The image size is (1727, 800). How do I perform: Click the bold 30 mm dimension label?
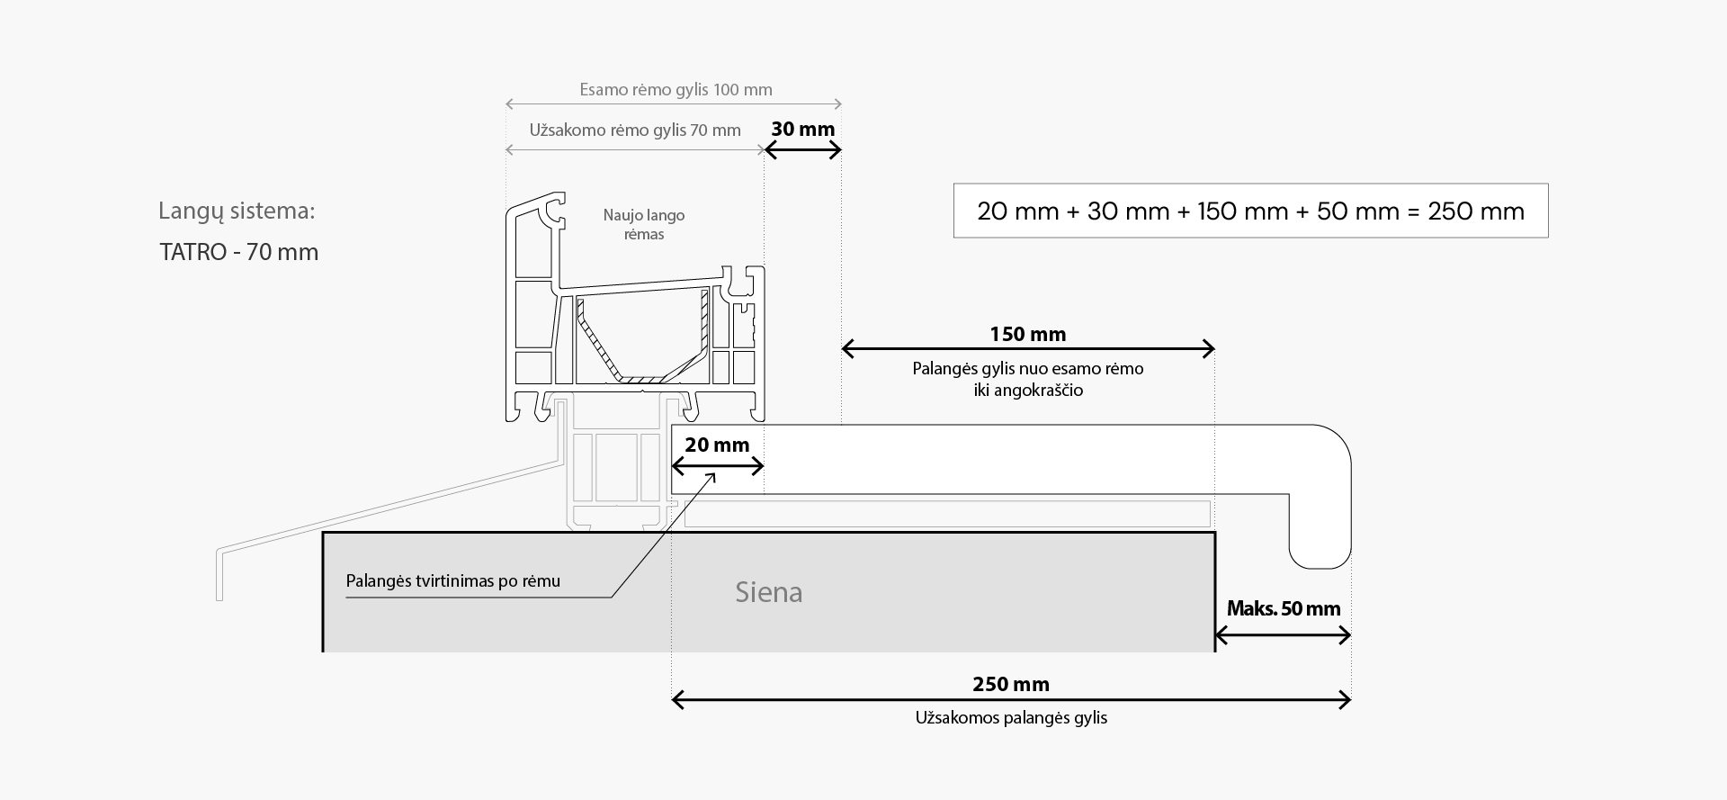(x=802, y=129)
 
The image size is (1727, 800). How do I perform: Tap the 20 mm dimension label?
(x=716, y=445)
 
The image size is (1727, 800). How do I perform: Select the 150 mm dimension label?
(x=1027, y=334)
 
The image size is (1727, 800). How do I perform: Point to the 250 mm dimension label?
(x=1010, y=684)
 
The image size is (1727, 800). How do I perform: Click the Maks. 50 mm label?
(x=1283, y=608)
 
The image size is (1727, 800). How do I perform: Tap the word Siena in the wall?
(x=768, y=592)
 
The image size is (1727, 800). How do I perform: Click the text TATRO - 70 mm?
(x=238, y=252)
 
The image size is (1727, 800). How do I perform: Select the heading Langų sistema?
(x=237, y=211)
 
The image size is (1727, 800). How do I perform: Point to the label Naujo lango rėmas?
(x=643, y=225)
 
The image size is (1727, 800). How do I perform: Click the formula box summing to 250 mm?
(x=1250, y=211)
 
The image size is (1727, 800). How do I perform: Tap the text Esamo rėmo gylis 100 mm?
(x=676, y=89)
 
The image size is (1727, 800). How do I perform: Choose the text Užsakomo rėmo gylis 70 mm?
(x=634, y=130)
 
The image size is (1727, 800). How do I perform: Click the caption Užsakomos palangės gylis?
(x=1011, y=718)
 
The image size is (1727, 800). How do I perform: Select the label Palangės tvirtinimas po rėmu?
(x=452, y=580)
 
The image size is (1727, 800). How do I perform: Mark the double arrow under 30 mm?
(x=802, y=150)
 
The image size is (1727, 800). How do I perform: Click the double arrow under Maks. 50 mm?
(x=1283, y=636)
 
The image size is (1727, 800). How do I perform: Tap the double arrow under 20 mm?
(x=717, y=466)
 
